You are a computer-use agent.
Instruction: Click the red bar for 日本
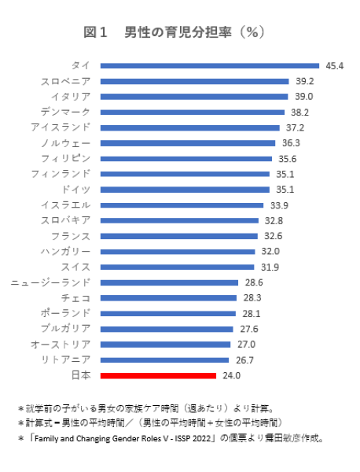158,375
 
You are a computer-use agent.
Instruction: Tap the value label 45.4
334,65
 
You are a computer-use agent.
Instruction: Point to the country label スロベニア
65,81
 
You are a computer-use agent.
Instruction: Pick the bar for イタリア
194,96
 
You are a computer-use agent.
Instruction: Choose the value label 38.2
299,112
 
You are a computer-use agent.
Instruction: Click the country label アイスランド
61,127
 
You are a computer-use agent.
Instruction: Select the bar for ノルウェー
188,142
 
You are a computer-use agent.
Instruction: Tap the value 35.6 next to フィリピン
287,158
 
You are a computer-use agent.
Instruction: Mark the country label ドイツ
76,190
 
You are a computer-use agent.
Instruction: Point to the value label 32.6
273,236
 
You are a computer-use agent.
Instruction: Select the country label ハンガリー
65,251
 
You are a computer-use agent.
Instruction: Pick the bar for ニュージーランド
169,282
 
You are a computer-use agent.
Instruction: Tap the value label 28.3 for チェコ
252,298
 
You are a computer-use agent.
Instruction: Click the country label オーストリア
61,345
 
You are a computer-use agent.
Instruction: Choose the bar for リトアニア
165,360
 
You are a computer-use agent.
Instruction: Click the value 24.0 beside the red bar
231,375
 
